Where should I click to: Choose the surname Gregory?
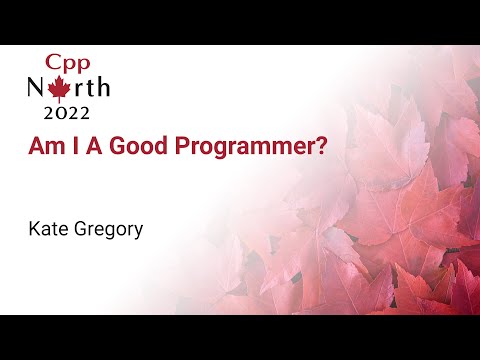pos(108,230)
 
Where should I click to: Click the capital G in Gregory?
pos(80,229)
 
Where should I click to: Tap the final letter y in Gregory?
pos(139,231)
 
